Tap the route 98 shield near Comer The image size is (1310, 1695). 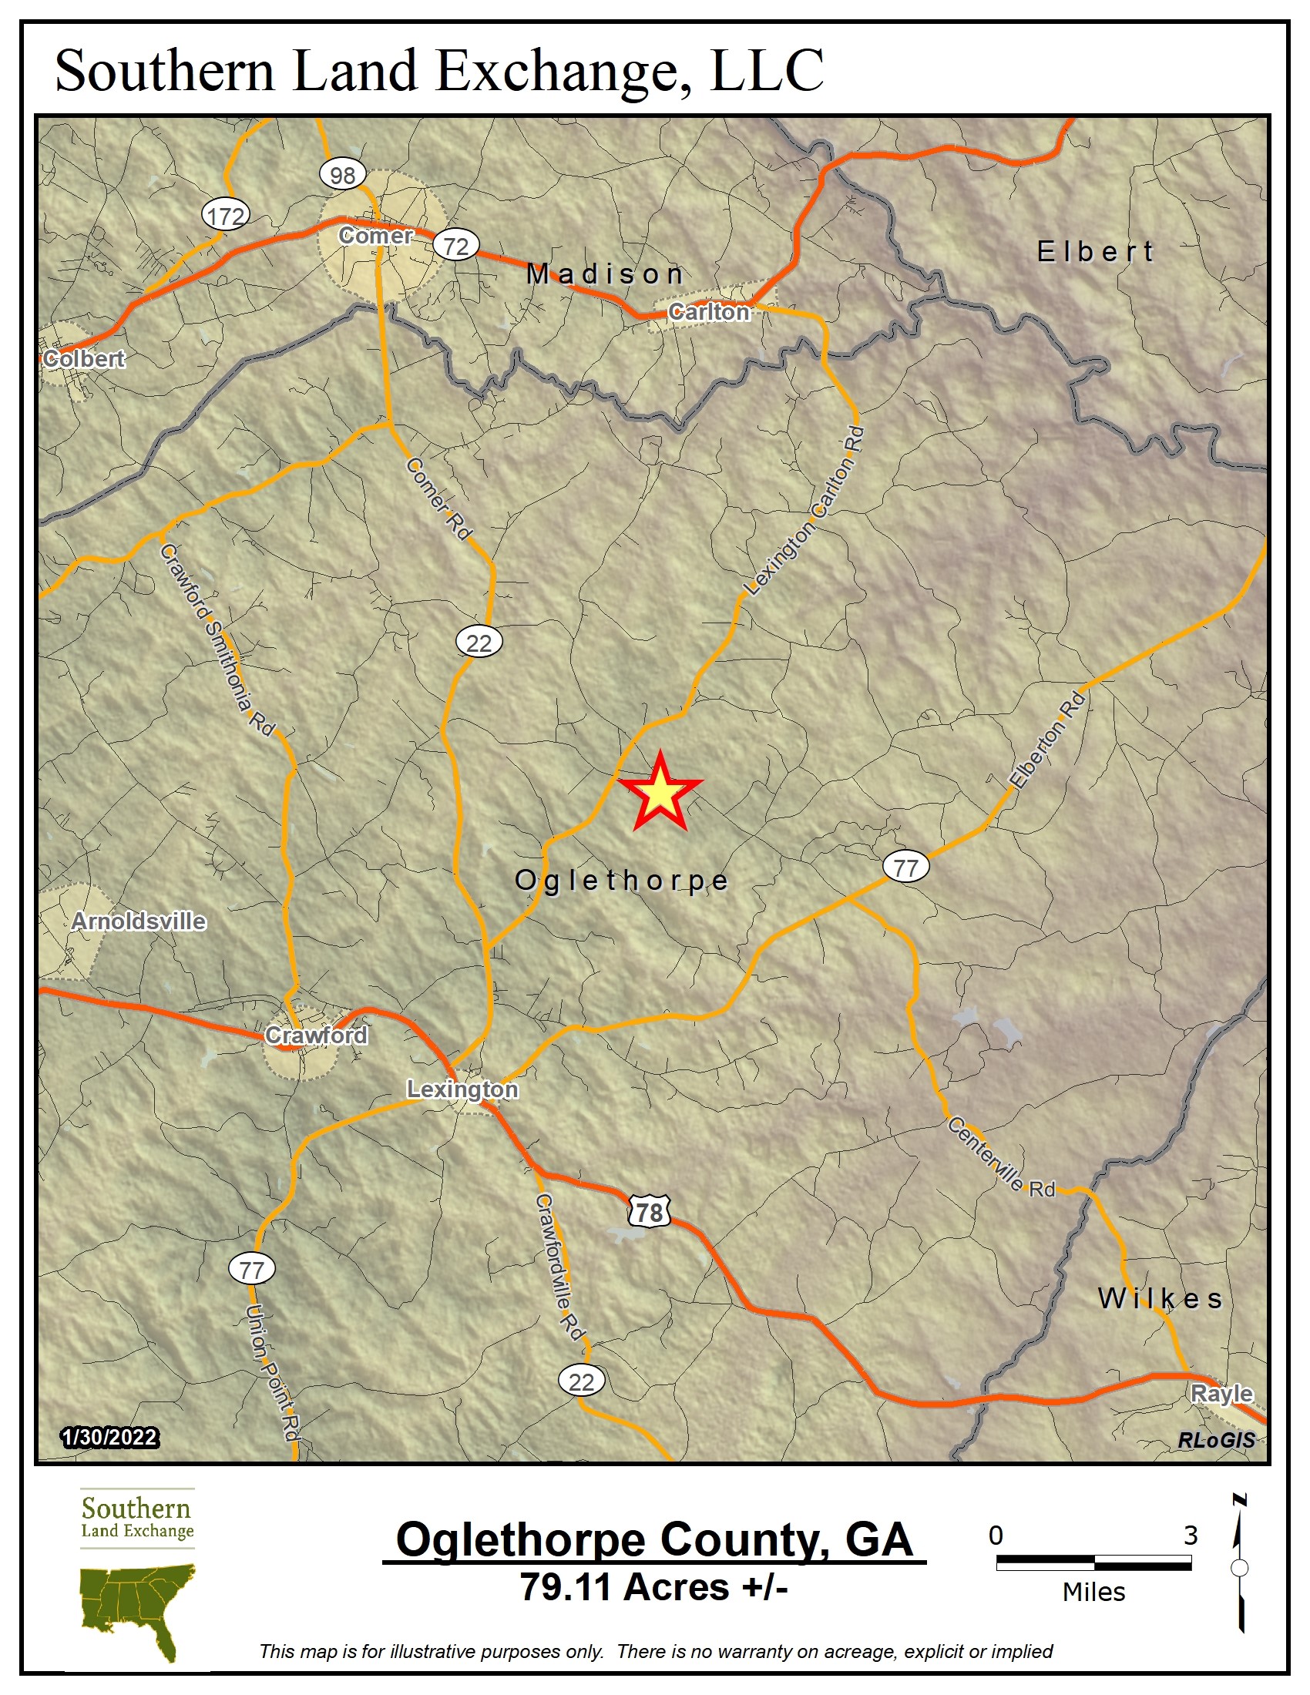tap(342, 175)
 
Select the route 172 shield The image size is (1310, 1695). tap(226, 215)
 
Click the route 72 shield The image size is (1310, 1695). tap(455, 246)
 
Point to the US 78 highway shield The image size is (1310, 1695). tap(649, 1212)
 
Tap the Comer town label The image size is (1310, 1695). tap(375, 235)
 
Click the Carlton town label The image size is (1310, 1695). tap(708, 311)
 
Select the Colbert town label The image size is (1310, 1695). tap(84, 358)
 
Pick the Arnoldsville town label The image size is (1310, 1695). tap(139, 921)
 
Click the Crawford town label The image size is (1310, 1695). tap(316, 1035)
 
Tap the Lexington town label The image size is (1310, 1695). tap(462, 1089)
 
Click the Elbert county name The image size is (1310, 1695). tap(1095, 251)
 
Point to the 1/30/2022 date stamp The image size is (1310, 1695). tap(109, 1438)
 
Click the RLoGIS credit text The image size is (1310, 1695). tap(1215, 1440)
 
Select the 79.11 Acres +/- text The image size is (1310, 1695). tap(653, 1587)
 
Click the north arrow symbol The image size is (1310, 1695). tap(1239, 1566)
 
